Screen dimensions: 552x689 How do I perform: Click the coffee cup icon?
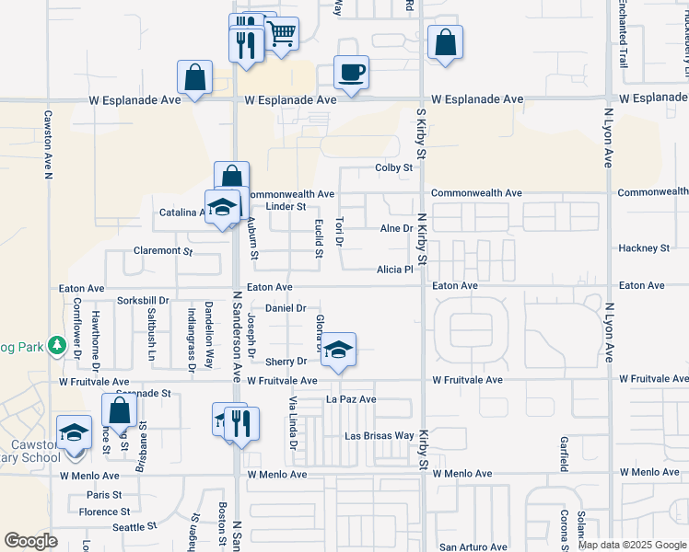pos(351,72)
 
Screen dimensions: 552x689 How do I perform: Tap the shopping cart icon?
pos(283,34)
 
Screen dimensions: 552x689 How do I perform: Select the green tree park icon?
pos(56,344)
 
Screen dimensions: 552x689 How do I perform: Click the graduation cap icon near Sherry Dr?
pos(339,350)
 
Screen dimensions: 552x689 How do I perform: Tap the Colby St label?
pos(393,167)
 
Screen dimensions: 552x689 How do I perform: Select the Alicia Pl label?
pos(394,270)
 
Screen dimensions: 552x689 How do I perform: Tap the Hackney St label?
pos(644,248)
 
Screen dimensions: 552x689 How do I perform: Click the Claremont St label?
pos(162,250)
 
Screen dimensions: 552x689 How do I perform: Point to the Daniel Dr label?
pos(286,308)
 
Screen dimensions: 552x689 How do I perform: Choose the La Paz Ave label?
pos(351,400)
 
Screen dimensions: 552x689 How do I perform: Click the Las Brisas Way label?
pos(379,435)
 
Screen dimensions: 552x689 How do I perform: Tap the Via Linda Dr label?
pos(294,423)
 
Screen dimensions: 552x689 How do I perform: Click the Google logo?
pos(31,541)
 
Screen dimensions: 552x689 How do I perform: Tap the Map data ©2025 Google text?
pos(632,545)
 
